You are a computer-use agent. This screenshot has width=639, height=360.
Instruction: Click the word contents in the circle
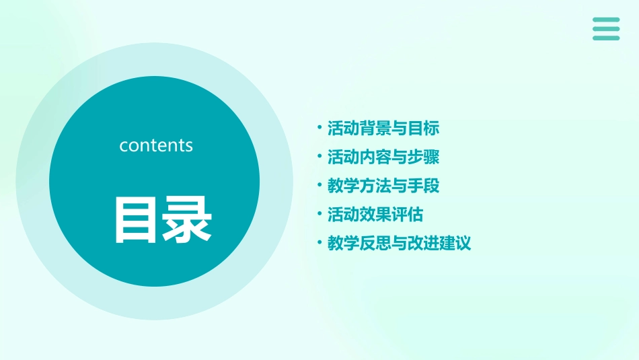pyautogui.click(x=156, y=145)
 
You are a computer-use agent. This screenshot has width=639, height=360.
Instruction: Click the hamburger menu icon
pyautogui.click(x=606, y=29)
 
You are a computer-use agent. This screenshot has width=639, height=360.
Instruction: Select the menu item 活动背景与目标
pyautogui.click(x=383, y=128)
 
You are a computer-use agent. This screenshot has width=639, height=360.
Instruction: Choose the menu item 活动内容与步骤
pyautogui.click(x=383, y=157)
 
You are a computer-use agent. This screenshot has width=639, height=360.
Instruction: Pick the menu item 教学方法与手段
pyautogui.click(x=383, y=186)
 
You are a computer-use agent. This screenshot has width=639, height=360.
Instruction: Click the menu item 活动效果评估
pyautogui.click(x=375, y=215)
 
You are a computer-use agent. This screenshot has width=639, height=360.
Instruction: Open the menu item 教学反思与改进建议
pyautogui.click(x=399, y=244)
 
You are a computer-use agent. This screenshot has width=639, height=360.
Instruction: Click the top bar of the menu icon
pyautogui.click(x=606, y=20)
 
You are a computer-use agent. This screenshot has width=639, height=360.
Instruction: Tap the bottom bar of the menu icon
pyautogui.click(x=606, y=38)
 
